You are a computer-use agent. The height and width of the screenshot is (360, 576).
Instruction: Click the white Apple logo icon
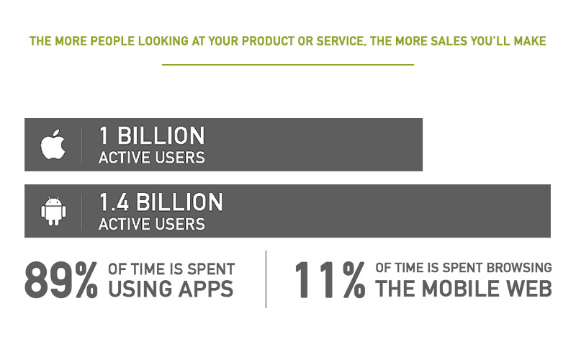53,145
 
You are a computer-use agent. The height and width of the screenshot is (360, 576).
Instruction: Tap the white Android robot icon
53,211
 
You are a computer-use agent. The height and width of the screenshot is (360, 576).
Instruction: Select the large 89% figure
61,279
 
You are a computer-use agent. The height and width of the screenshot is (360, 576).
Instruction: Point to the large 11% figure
330,279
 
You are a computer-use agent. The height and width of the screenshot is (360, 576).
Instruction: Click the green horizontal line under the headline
288,65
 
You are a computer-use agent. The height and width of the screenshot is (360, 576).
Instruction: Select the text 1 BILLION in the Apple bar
152,135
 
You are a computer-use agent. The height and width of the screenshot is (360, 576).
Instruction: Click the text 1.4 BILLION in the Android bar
161,202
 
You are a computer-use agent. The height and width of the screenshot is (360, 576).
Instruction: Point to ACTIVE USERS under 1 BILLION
152,158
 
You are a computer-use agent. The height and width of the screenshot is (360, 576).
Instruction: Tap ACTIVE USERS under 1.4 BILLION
152,224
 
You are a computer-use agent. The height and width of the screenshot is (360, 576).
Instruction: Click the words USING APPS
171,289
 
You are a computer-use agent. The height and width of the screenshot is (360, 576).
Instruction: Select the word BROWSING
519,268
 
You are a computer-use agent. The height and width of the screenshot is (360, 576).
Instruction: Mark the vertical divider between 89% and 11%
266,279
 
